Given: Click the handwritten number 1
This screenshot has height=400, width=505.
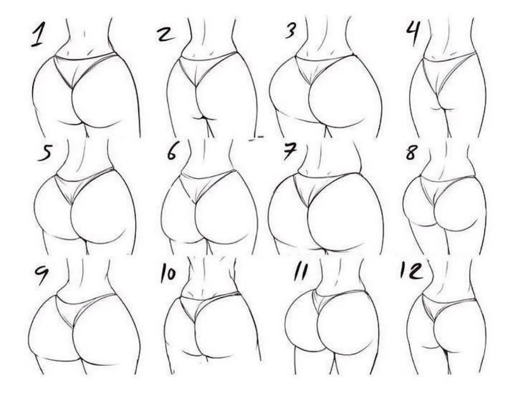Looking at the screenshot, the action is pyautogui.click(x=38, y=35).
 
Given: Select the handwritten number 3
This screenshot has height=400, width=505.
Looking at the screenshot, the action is pyautogui.click(x=290, y=31).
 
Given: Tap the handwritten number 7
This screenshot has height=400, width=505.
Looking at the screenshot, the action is pyautogui.click(x=290, y=151).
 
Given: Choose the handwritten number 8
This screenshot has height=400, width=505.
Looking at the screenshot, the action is pyautogui.click(x=411, y=152).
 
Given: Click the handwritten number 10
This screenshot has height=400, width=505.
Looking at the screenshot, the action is pyautogui.click(x=168, y=274).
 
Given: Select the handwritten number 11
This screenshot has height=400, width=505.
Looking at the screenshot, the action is pyautogui.click(x=300, y=273).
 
